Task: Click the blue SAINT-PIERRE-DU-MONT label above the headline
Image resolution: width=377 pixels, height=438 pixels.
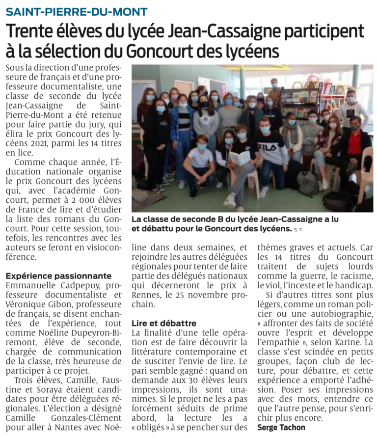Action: tap(77, 11)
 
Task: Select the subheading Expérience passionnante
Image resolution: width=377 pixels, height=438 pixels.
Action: tap(58, 276)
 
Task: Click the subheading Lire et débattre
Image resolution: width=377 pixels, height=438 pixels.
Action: tap(164, 324)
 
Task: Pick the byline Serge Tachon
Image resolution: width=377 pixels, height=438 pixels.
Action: tap(281, 427)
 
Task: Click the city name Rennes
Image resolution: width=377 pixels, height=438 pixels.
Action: tap(148, 295)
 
